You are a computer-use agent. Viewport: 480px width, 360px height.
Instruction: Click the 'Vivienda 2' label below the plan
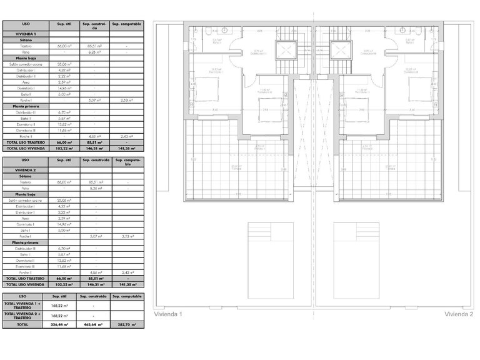pyautogui.click(x=459, y=314)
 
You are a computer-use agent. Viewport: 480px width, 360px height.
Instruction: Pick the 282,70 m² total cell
pyautogui.click(x=127, y=325)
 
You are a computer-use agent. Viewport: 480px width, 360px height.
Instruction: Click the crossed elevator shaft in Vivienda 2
pyautogui.click(x=341, y=49)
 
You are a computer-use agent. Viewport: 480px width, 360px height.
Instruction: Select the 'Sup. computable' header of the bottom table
pyautogui.click(x=127, y=296)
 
